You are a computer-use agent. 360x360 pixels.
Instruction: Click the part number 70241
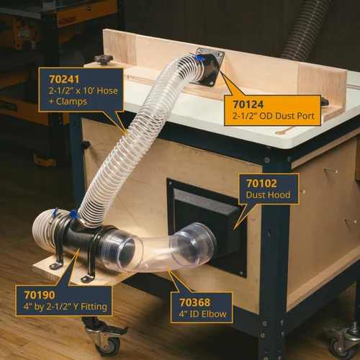pos(64,79)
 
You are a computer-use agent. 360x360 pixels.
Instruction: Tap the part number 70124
pos(248,104)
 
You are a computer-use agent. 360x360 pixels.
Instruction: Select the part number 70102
pos(261,184)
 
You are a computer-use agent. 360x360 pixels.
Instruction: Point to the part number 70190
pos(40,295)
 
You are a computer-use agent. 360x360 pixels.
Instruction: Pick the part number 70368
pos(195,302)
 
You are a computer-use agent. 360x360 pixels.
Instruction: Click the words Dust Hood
pos(269,195)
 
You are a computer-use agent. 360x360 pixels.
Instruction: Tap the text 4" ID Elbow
pos(203,314)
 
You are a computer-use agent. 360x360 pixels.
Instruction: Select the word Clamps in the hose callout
pos(71,102)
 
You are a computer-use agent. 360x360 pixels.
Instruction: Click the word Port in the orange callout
pos(305,116)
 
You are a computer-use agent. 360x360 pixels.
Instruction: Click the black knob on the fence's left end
pos(104,60)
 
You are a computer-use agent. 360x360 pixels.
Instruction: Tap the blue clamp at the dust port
pos(199,58)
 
